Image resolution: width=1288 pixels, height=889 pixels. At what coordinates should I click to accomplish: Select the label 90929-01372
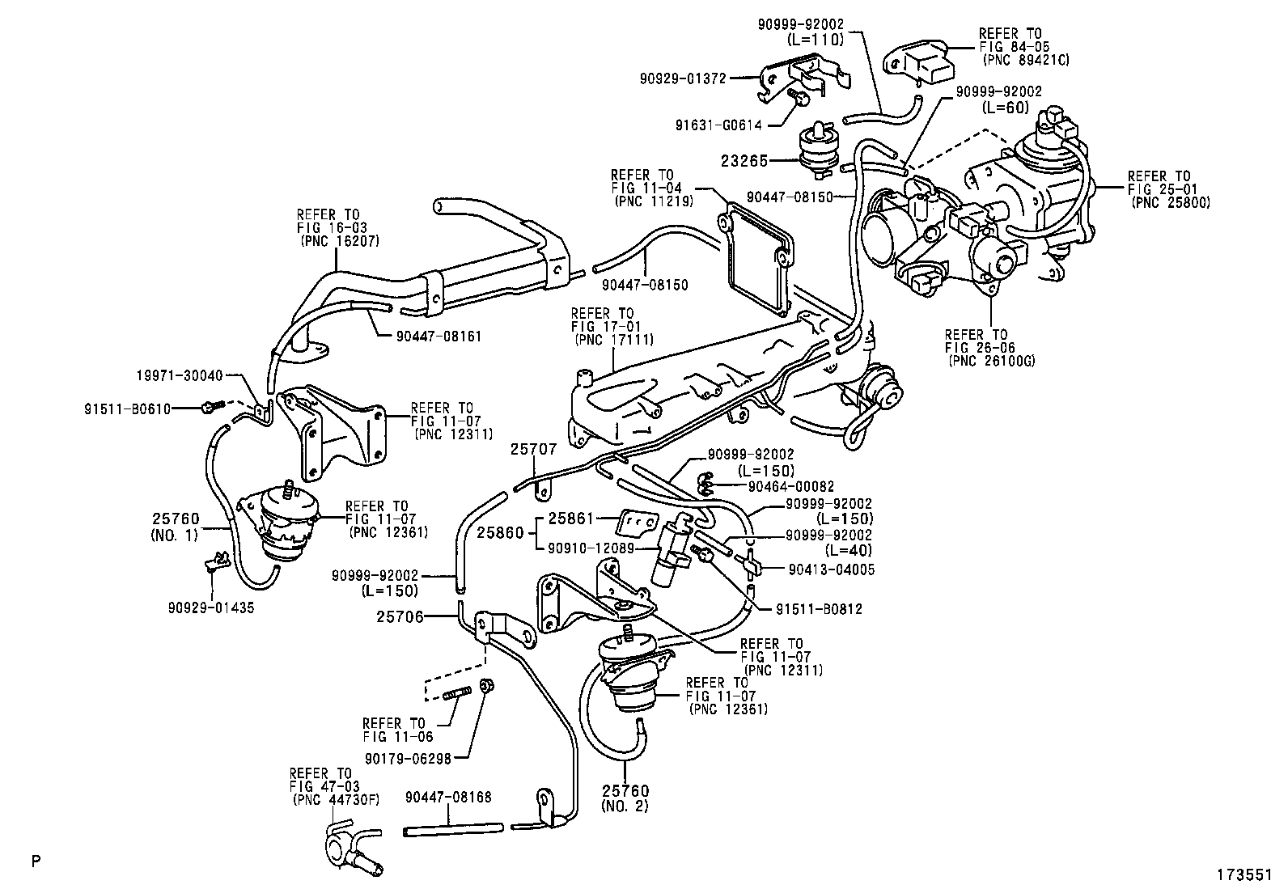click(682, 78)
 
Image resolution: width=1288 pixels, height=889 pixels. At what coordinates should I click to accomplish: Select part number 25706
click(400, 616)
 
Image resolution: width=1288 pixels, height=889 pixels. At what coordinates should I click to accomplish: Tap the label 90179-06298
click(407, 758)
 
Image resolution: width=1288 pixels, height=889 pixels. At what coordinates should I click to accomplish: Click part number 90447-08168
click(448, 798)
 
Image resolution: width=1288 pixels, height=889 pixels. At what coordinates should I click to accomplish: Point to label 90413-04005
click(831, 569)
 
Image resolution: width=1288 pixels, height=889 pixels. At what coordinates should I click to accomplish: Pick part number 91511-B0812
click(820, 609)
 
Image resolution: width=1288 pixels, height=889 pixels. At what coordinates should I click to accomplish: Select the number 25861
click(571, 517)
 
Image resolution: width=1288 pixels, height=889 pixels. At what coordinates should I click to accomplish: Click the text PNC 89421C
click(1025, 60)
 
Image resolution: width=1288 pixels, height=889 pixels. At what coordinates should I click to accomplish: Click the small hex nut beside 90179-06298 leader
click(488, 686)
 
